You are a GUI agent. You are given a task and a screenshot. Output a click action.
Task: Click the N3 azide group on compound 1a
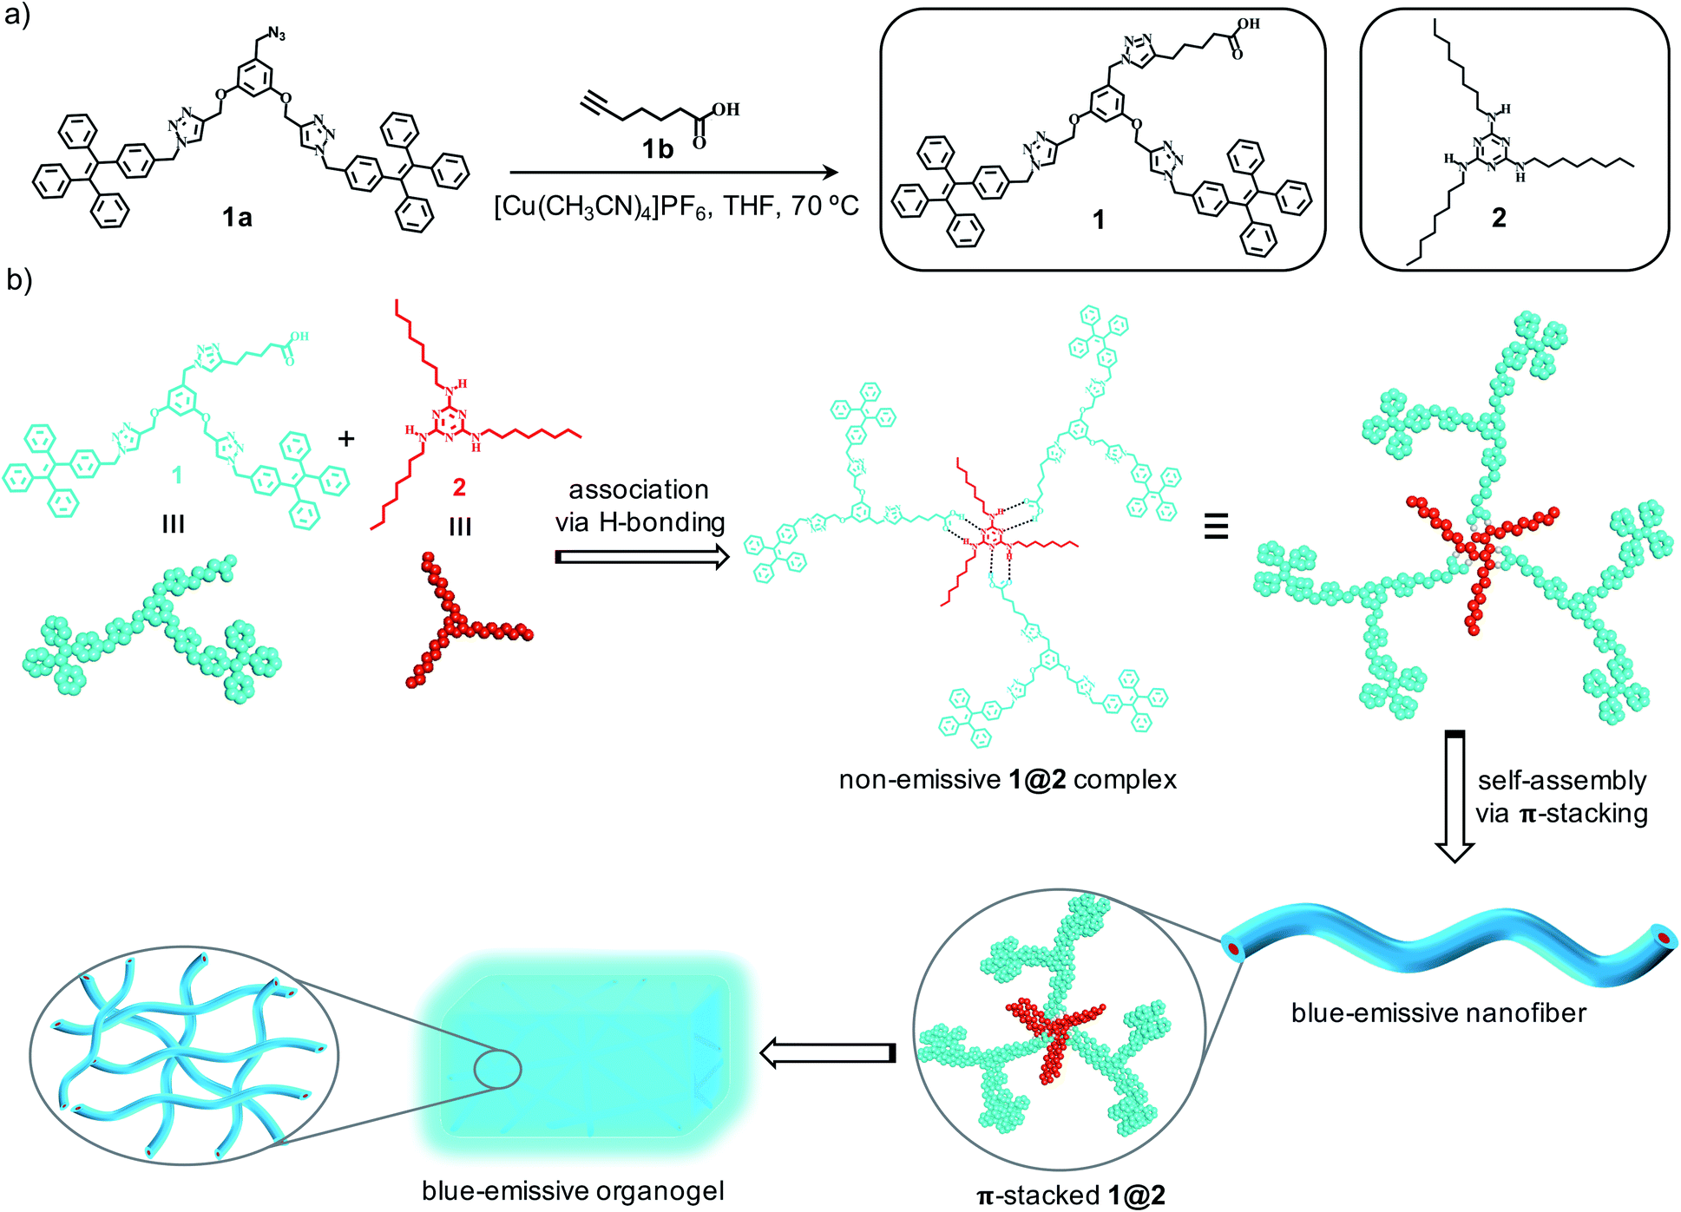(276, 35)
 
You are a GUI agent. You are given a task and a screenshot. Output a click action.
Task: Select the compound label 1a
(236, 217)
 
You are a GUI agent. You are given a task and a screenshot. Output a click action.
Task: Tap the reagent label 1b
(657, 150)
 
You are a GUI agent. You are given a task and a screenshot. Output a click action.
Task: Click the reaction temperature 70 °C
(824, 206)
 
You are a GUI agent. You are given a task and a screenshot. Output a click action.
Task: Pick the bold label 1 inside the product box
(1098, 219)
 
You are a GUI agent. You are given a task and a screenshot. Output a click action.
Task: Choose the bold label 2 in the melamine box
(1499, 218)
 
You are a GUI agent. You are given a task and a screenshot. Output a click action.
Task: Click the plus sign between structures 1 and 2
(346, 439)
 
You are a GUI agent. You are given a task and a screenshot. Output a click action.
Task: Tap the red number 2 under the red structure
(459, 488)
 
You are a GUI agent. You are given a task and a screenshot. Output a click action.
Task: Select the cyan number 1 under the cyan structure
(177, 475)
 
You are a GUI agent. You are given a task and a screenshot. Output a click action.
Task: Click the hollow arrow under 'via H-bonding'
(640, 557)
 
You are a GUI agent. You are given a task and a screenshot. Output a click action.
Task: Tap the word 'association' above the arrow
(639, 490)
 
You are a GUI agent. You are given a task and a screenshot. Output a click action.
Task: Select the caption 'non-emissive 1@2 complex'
(1007, 780)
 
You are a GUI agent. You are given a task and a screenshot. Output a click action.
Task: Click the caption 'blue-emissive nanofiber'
(1438, 1012)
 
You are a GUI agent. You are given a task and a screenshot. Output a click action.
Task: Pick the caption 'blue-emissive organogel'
(573, 1191)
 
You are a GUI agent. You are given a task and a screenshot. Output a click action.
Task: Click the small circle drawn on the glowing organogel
(497, 1070)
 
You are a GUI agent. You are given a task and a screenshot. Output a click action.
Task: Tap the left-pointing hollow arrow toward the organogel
(827, 1053)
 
